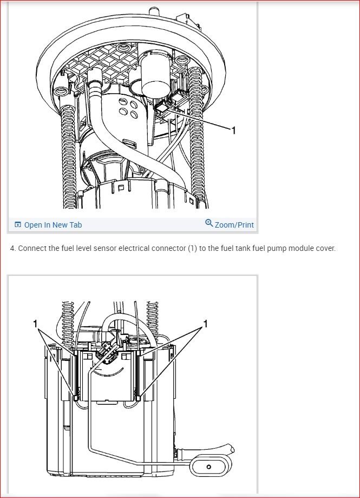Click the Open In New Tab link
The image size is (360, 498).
coord(53,225)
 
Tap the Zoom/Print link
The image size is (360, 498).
coord(234,225)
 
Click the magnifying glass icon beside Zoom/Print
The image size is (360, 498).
coord(209,223)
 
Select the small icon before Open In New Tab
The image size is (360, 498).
coord(18,225)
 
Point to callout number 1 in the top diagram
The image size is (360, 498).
coord(233,130)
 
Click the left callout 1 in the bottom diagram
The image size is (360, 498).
coord(35,324)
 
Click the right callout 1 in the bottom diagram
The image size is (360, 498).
coord(206,324)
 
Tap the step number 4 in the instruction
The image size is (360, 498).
coord(12,249)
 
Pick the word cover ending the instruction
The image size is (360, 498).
coord(325,249)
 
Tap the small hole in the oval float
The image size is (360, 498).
coord(208,467)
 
